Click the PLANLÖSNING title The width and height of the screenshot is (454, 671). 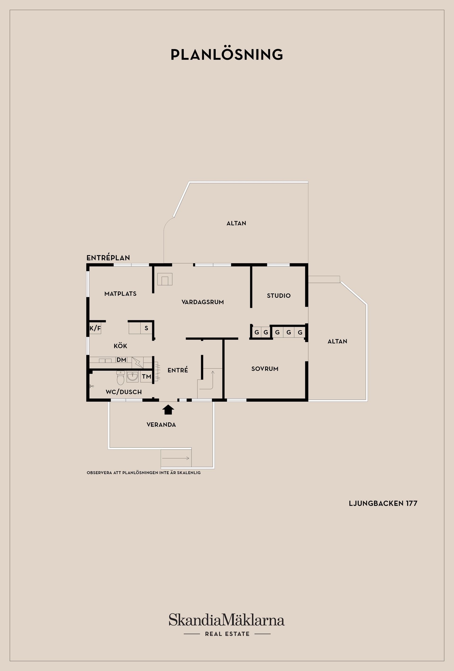pos(227,54)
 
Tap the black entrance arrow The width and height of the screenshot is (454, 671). pos(168,409)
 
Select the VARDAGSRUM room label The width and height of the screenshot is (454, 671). pos(202,302)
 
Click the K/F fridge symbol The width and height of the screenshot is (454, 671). pos(95,328)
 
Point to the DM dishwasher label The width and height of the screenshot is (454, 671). pos(121,360)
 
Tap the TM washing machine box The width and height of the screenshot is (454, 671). pos(146,376)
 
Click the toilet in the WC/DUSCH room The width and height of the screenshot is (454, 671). pos(120,378)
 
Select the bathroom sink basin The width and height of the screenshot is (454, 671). pos(133,376)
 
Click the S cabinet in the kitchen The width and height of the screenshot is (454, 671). pos(146,328)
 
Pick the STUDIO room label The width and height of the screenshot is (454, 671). pos(279,296)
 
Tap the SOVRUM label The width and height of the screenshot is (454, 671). pos(265,369)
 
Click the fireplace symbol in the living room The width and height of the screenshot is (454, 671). pos(165,279)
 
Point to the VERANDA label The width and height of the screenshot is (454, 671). pos(161,425)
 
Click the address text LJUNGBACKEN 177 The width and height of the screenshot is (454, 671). pos(383,503)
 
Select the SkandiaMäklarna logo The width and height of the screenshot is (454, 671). pos(227,620)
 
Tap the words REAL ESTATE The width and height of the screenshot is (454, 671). pos(227,634)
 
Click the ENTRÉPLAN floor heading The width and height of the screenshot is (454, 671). pos(108,258)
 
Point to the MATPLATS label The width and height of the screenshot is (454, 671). pos(120,294)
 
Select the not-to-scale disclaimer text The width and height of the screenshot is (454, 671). pos(144,473)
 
